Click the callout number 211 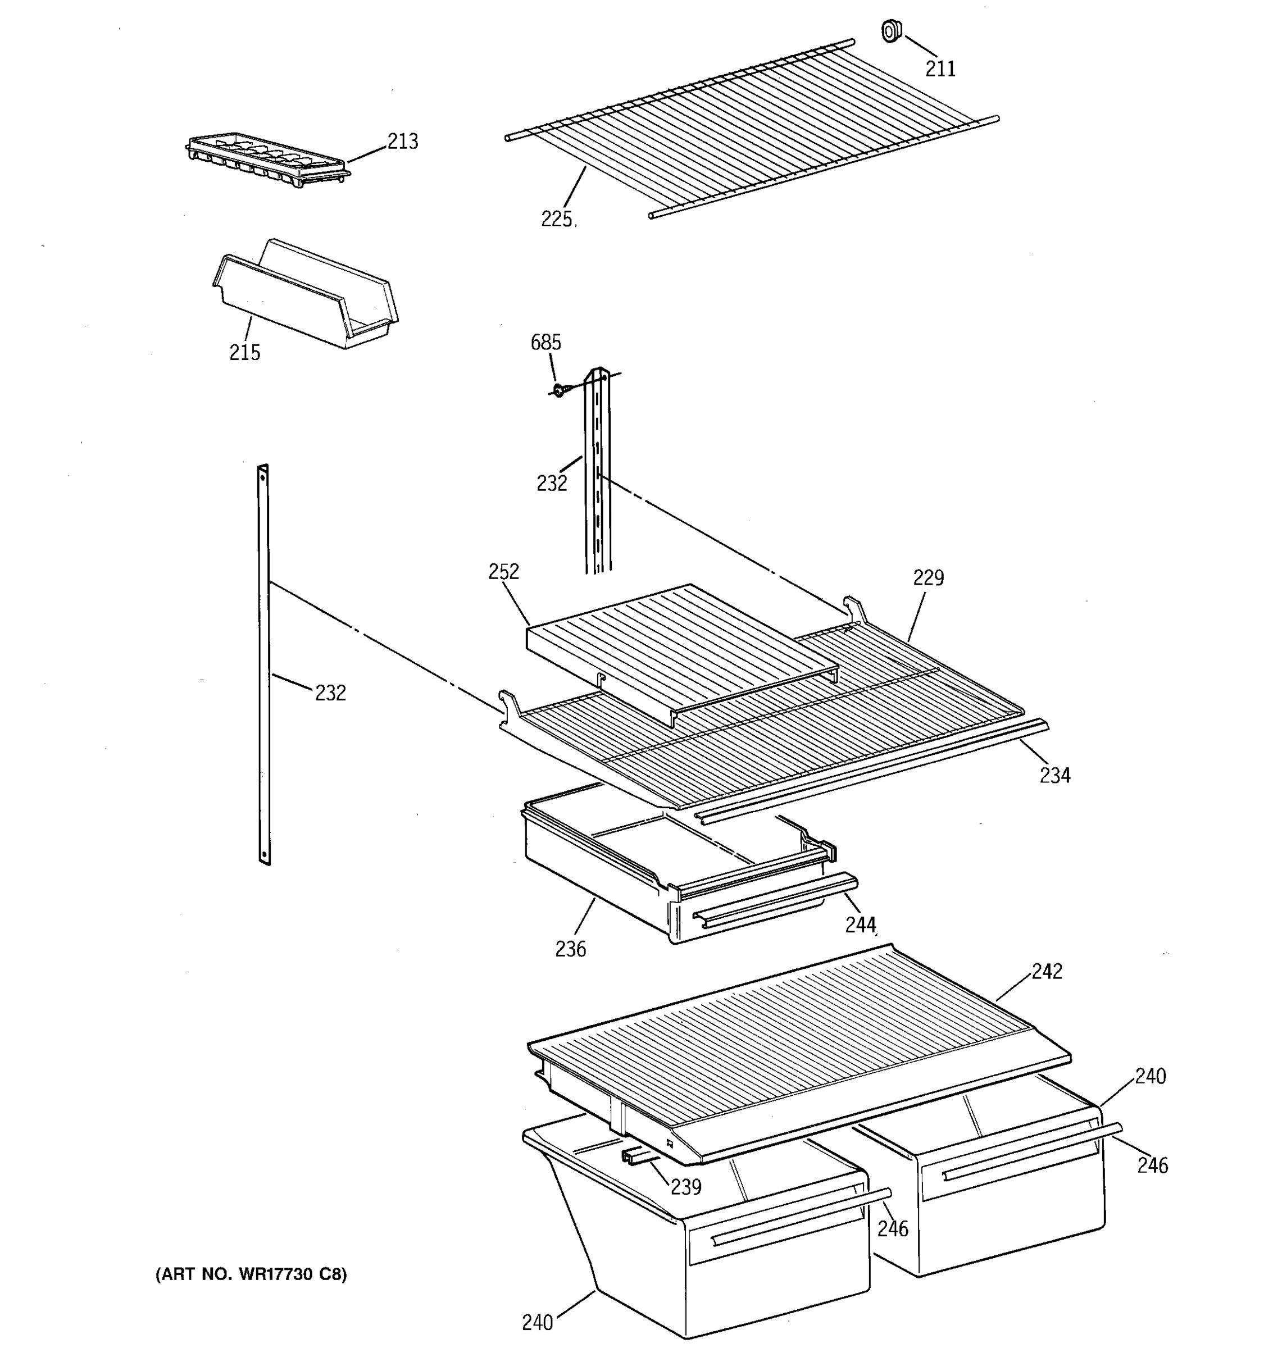tap(940, 69)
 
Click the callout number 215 tap(245, 353)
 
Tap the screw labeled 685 tap(559, 390)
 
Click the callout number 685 tap(546, 343)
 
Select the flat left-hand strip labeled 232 tap(264, 664)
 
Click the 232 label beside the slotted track tap(551, 484)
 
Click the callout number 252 tap(504, 572)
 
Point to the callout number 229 tap(928, 578)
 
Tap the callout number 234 tap(1055, 775)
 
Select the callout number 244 tap(861, 925)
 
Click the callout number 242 tap(1047, 972)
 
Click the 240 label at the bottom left tap(538, 1323)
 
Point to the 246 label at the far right tap(1153, 1165)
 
